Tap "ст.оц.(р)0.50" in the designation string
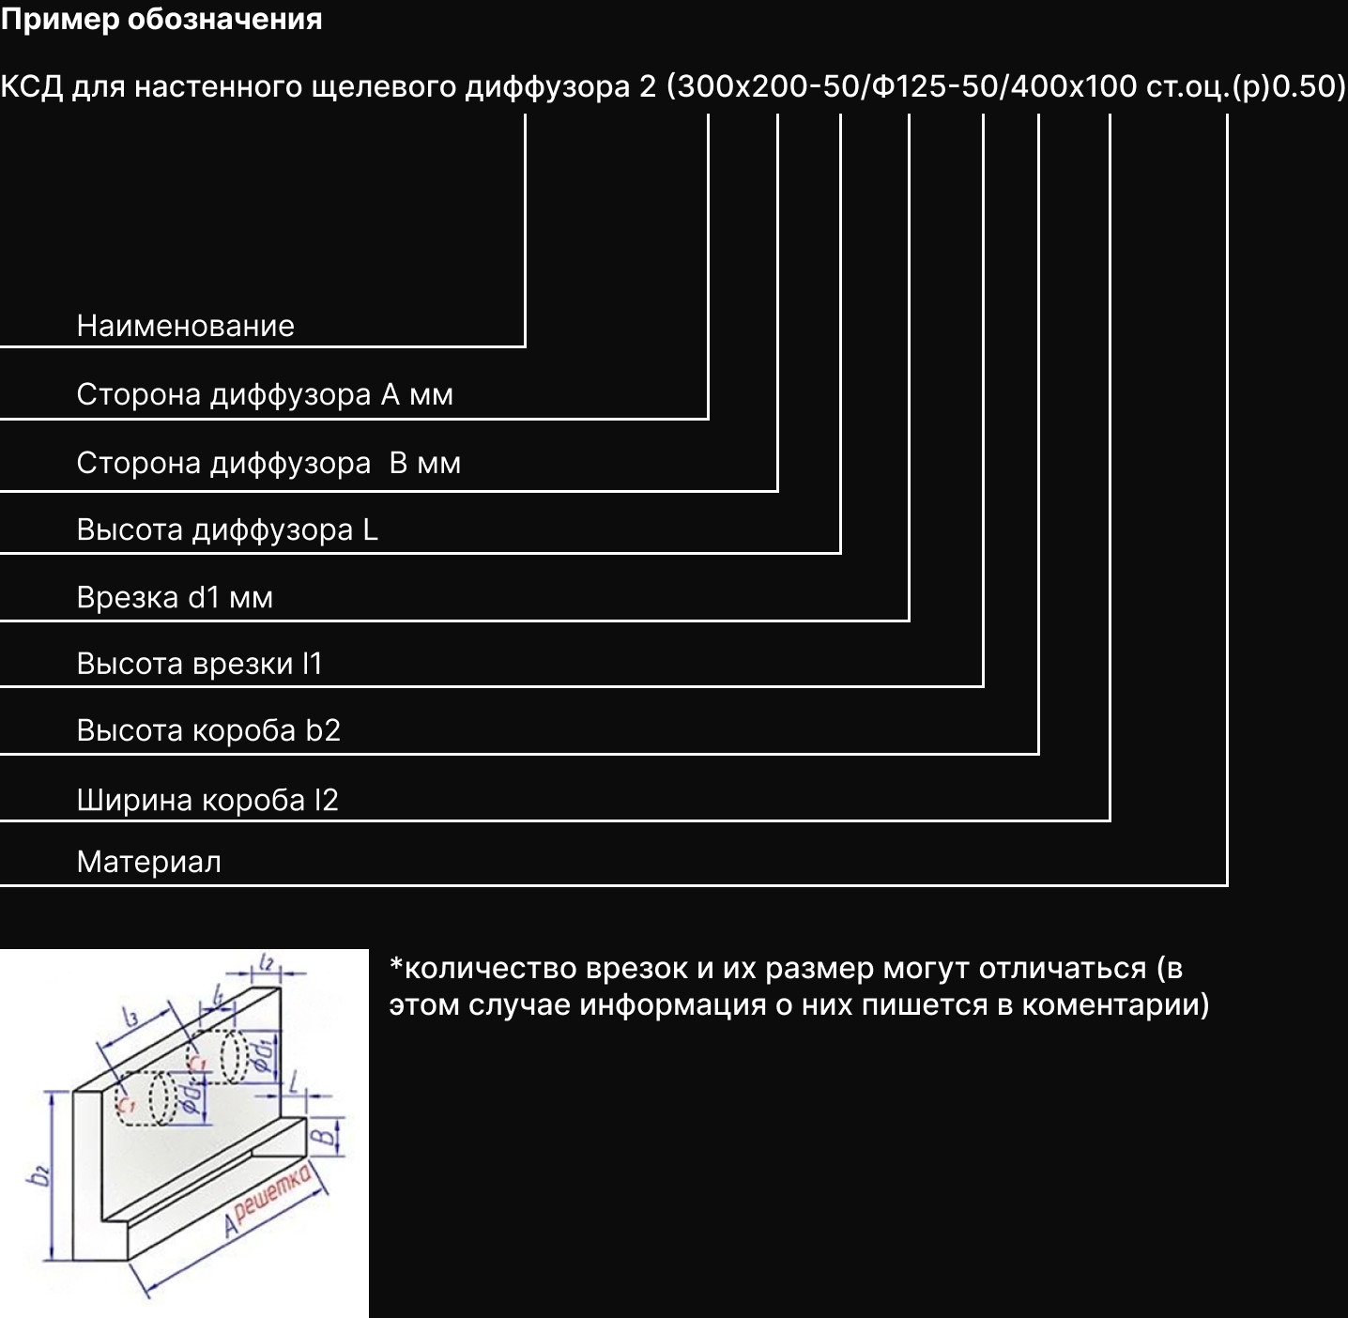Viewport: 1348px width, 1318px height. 1245,86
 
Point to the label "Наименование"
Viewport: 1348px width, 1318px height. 185,326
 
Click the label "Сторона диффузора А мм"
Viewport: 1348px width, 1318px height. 264,394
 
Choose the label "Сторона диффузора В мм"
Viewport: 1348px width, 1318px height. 268,463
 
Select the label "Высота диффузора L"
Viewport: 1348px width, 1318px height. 226,530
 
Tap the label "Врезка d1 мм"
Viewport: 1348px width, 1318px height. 175,597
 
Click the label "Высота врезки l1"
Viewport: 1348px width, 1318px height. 199,664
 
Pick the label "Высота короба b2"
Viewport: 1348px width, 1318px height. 207,730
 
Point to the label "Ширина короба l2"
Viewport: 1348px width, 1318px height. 207,800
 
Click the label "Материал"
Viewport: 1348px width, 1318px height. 148,862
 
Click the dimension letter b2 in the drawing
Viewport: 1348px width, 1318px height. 40,1175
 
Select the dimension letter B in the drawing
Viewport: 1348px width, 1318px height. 323,1137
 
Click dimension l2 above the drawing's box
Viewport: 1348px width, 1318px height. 267,962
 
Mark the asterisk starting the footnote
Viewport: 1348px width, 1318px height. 395,964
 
